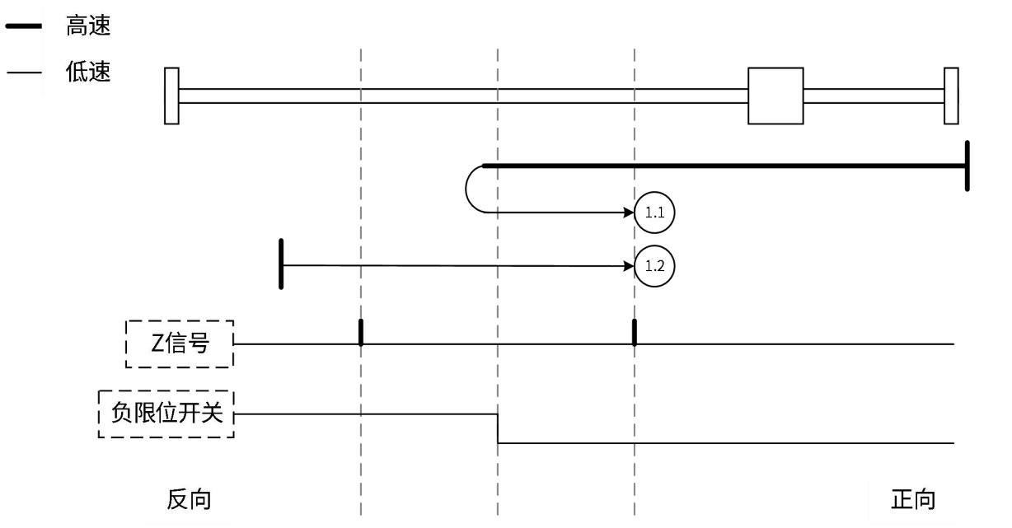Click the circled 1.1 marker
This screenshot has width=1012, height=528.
(654, 212)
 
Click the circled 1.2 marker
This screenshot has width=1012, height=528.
(654, 266)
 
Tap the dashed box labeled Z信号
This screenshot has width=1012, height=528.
(179, 343)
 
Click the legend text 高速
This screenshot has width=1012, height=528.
(88, 27)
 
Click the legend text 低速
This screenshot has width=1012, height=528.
(88, 72)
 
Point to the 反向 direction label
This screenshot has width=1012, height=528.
(189, 499)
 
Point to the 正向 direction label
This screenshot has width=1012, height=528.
(914, 499)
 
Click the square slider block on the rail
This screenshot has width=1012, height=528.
(775, 96)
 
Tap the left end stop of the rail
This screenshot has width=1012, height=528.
(171, 96)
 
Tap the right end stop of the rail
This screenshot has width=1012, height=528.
(951, 96)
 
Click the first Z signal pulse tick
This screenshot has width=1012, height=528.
(361, 332)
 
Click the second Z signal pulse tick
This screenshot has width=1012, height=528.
(634, 332)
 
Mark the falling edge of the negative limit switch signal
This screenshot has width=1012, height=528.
(498, 428)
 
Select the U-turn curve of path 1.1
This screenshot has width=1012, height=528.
(468, 189)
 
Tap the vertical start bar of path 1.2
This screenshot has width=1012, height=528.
(282, 264)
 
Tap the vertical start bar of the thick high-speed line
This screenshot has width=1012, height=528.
(967, 166)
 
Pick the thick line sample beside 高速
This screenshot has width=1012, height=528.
(24, 28)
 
